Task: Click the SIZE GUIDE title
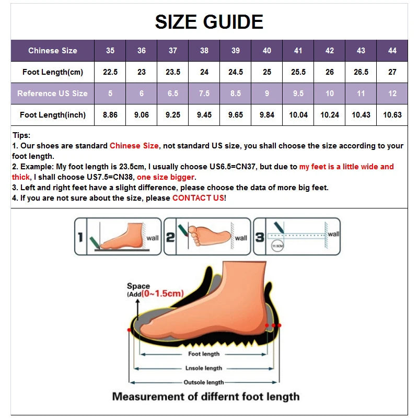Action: pos(209,21)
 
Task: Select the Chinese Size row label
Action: pos(52,51)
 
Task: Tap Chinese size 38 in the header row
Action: pos(204,51)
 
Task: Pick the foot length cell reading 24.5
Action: pos(236,72)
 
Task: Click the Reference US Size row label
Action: pos(52,94)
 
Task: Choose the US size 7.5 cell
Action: pos(204,94)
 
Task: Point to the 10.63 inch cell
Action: pos(392,115)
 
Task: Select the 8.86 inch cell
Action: pos(110,115)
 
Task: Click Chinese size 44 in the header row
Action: pos(392,51)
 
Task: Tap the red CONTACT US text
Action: pos(199,198)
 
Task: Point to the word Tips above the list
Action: pos(21,135)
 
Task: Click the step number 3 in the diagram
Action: pos(260,237)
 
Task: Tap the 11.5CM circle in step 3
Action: pos(277,245)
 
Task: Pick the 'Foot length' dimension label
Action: pos(205,354)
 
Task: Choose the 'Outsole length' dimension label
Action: pos(204,382)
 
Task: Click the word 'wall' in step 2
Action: pos(241,238)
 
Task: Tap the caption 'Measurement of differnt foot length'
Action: pos(206,397)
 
